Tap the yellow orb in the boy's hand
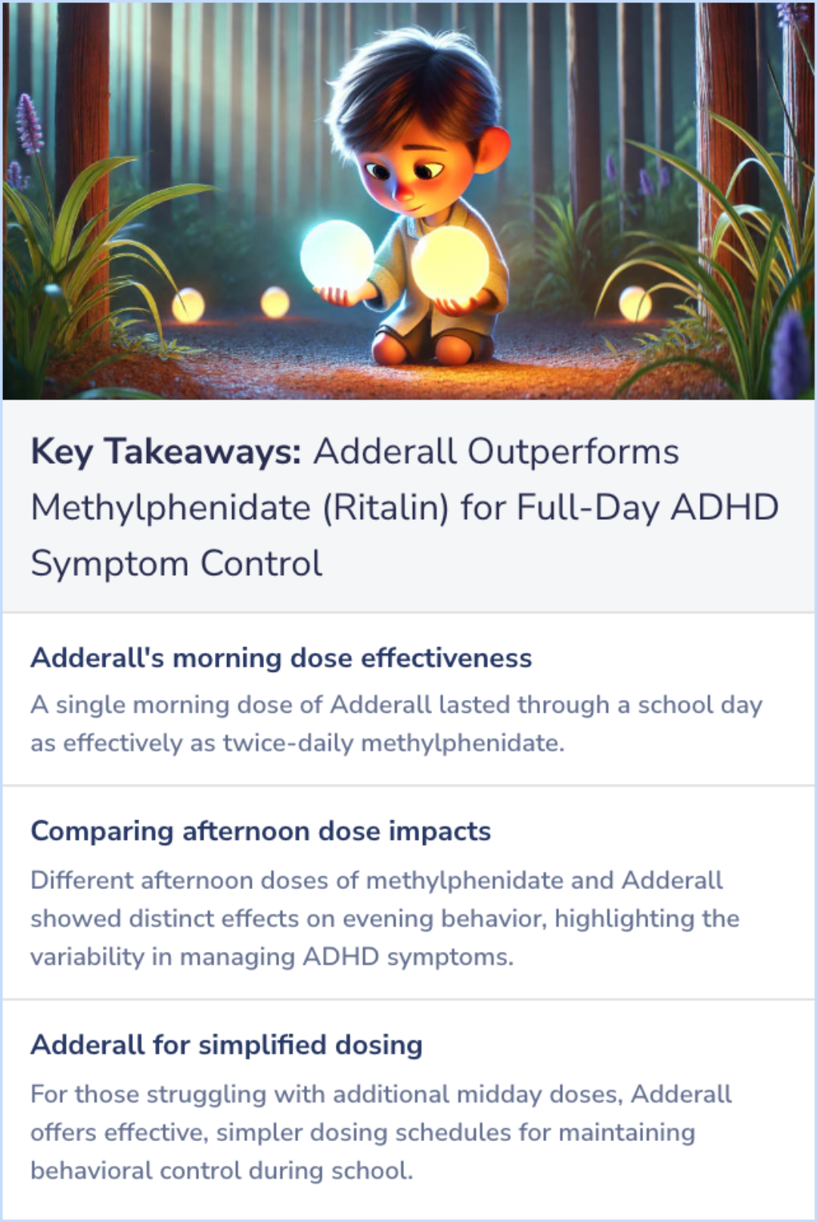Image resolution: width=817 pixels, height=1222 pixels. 451,263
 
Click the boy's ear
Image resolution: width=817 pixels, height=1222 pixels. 492,148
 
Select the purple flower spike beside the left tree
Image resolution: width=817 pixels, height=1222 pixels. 29,125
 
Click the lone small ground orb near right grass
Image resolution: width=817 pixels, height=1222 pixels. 635,304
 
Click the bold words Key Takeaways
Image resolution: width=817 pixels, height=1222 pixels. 166,452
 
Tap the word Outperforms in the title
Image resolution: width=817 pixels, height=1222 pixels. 573,452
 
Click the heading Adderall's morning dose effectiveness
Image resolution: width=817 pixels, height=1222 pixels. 281,658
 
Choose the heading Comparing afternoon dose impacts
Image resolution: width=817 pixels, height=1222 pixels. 260,832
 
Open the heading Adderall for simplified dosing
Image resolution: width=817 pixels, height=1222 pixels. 226,1045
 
